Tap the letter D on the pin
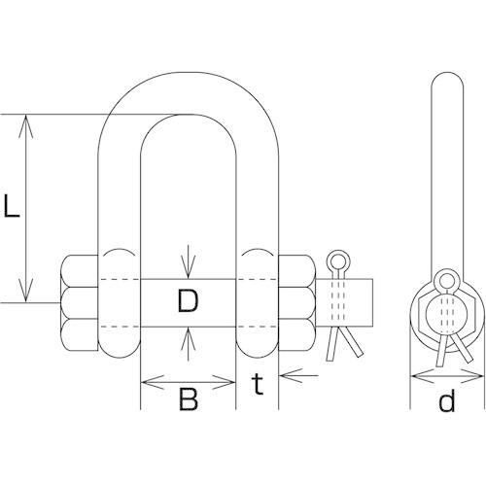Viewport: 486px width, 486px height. coord(188,301)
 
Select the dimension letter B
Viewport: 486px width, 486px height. coord(189,399)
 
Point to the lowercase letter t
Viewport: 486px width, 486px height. coord(258,384)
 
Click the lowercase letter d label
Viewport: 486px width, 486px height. coord(447,399)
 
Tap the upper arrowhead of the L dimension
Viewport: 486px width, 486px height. coord(26,126)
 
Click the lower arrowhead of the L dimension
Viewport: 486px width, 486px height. coord(26,291)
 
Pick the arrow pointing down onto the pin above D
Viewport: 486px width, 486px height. coord(189,261)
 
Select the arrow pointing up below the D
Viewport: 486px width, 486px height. coord(189,344)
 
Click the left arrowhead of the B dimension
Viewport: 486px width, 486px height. coord(153,382)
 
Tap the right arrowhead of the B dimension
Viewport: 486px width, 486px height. coord(224,382)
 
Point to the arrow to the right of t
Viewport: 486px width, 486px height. coord(298,375)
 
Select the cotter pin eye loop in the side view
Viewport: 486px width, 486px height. coord(446,280)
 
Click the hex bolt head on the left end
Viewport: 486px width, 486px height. coord(79,303)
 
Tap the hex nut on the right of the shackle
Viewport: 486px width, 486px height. coord(297,303)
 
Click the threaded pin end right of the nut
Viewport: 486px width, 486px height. coord(345,303)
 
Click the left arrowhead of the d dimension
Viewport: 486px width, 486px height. coord(422,375)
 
